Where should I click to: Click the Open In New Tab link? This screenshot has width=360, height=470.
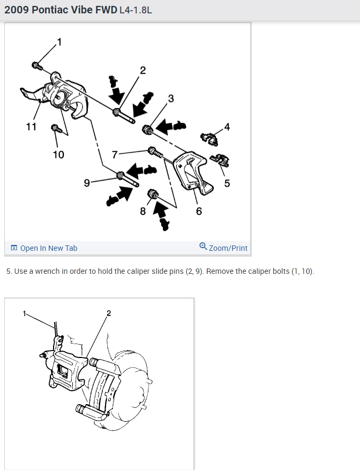pos(48,248)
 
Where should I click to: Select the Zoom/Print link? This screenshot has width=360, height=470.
pos(228,248)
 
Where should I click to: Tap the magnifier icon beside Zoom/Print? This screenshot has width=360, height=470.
pos(203,247)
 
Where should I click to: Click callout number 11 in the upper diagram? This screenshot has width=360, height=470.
pos(31,126)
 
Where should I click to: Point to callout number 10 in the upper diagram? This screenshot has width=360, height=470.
pos(58,155)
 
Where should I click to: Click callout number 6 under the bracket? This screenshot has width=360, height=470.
pos(199,211)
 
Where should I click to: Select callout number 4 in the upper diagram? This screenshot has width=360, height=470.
pos(227,127)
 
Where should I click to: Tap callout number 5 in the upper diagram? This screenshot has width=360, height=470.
pos(227,183)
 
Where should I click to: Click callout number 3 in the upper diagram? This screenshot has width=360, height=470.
pos(171,98)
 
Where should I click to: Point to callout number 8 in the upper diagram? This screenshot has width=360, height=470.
pos(142,211)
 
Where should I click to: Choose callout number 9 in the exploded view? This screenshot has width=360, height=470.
pos(87,183)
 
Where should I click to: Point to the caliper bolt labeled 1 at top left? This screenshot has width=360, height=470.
pos(37,66)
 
